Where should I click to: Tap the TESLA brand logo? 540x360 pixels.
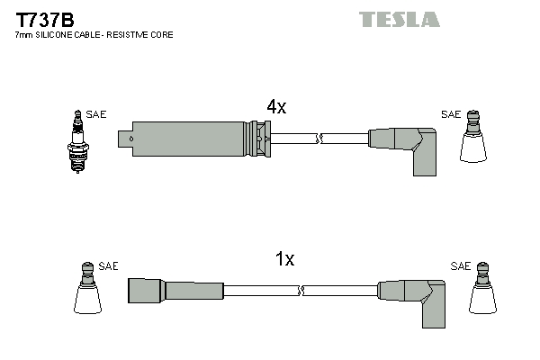[399, 19]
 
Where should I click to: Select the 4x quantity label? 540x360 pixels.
[276, 107]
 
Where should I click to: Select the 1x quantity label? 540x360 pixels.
[284, 259]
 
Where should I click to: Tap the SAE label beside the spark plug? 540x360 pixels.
[96, 114]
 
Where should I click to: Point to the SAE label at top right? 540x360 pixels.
[451, 114]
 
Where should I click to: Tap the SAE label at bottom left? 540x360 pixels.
[108, 266]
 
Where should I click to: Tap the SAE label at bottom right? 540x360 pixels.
[461, 266]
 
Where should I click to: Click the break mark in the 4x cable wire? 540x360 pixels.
[319, 139]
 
